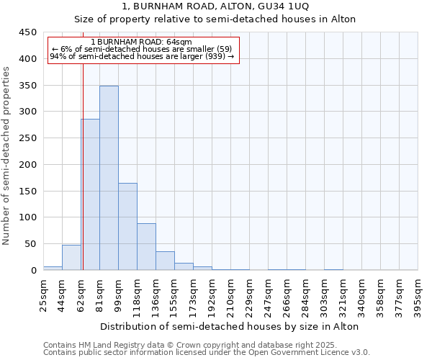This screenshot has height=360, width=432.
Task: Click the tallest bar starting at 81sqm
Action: pyautogui.click(x=109, y=178)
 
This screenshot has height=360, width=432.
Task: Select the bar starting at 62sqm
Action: pyautogui.click(x=90, y=194)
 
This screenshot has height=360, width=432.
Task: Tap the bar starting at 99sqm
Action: pyautogui.click(x=127, y=227)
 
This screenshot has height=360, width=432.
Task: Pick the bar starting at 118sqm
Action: pyautogui.click(x=146, y=247)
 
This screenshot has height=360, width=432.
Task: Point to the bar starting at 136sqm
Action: pyautogui.click(x=165, y=261)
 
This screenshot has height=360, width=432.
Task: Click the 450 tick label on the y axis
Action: pyautogui.click(x=28, y=32)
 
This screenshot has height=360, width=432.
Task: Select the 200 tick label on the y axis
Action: pyautogui.click(x=28, y=165)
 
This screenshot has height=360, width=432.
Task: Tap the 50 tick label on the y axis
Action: pyautogui.click(x=30, y=244)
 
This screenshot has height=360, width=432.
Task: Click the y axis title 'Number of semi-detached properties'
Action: pyautogui.click(x=7, y=156)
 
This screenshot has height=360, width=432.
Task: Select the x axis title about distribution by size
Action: pyautogui.click(x=230, y=326)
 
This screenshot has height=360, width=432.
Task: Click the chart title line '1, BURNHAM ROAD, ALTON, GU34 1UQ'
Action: pyautogui.click(x=215, y=6)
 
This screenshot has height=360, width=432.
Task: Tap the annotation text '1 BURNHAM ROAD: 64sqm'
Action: pyautogui.click(x=142, y=42)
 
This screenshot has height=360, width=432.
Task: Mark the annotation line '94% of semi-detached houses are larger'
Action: pyautogui.click(x=142, y=56)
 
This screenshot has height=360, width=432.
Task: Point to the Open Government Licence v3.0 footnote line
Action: pyautogui.click(x=207, y=353)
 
